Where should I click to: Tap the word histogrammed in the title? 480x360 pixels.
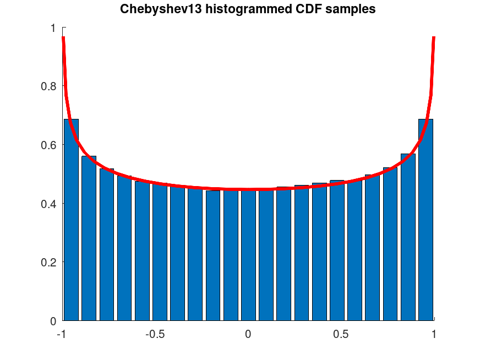[234, 9]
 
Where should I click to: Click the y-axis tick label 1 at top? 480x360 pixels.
[53, 28]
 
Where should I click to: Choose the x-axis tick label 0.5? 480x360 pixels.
[341, 335]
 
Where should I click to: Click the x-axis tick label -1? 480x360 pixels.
[62, 335]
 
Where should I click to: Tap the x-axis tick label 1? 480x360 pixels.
[434, 335]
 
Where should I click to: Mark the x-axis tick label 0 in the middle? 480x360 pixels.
[248, 335]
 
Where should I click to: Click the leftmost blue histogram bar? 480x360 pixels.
[71, 220]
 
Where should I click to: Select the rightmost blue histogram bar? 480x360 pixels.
[426, 220]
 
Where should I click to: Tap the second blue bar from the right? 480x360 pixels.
[408, 237]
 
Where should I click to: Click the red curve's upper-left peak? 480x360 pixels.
[64, 39]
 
